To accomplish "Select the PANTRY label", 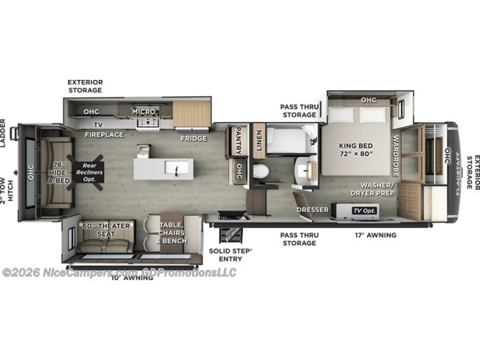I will pyautogui.click(x=239, y=141).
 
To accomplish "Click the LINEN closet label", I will pyautogui.click(x=258, y=140).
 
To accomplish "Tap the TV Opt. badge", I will pyautogui.click(x=361, y=210).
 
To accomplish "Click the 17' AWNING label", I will pyautogui.click(x=376, y=235).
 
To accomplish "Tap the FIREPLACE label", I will pyautogui.click(x=103, y=135).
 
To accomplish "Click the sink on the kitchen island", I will pyautogui.click(x=177, y=169).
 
